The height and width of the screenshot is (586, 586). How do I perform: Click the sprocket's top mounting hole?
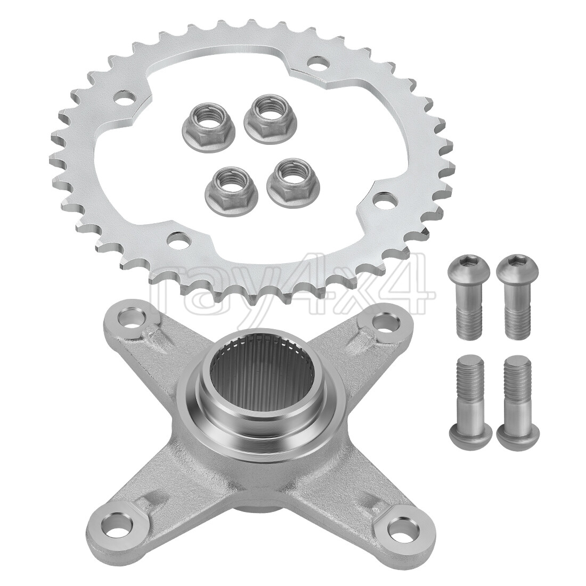[x=319, y=68]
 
